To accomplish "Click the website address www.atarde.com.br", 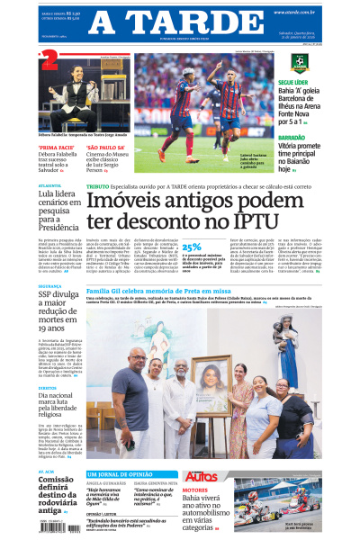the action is pyautogui.click(x=294, y=12).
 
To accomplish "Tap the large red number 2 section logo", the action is pyautogui.click(x=49, y=60).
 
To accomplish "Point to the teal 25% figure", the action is pyautogui.click(x=192, y=246).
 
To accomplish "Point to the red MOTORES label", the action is pyautogui.click(x=194, y=490).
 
